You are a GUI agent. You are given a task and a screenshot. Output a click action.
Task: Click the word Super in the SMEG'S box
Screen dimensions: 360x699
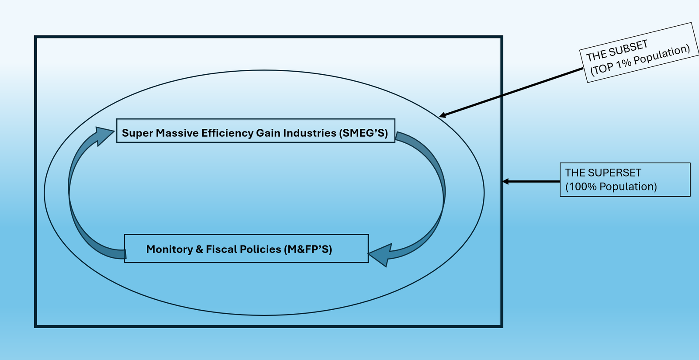[x=137, y=133]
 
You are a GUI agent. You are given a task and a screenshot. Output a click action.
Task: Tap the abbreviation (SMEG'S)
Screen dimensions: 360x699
[x=363, y=133]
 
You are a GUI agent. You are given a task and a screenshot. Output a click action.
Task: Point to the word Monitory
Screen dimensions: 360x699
[x=170, y=249]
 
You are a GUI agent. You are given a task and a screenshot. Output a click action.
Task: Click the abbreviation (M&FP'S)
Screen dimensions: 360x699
[x=308, y=249]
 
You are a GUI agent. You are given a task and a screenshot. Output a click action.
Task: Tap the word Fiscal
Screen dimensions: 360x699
[x=221, y=249]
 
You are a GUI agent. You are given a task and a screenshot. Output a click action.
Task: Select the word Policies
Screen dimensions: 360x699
[x=261, y=249]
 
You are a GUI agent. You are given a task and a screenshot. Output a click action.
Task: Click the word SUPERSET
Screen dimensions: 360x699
[x=615, y=173]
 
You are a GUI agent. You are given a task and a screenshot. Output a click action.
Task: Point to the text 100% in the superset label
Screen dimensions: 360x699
[x=581, y=187]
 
